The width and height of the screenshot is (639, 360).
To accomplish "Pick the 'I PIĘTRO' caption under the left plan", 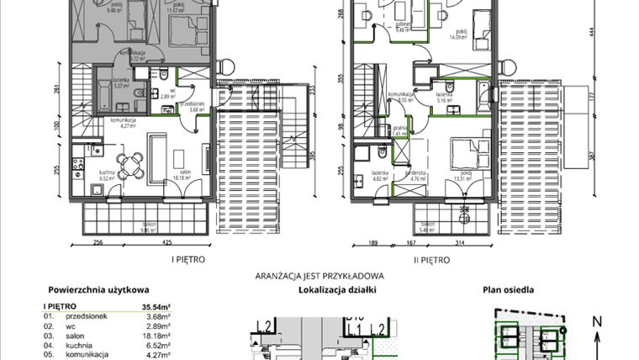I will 187,261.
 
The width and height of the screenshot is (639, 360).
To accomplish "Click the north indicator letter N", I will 596,320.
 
